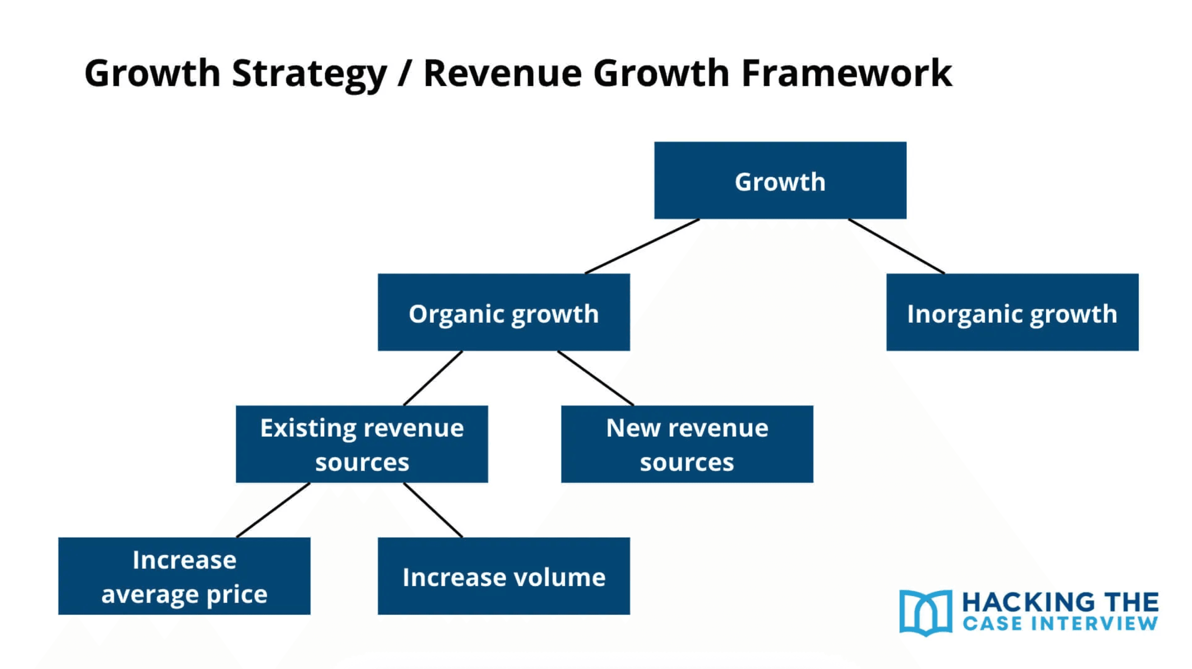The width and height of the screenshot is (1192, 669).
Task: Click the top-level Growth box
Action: point(780,181)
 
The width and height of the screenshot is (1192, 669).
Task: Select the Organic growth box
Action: point(503,312)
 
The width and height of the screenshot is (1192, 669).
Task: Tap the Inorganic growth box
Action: point(1012,312)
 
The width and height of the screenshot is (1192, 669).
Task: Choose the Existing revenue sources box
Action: point(361,445)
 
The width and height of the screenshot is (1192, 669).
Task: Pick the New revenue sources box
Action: point(687,445)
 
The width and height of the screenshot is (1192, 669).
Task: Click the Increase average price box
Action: point(184,576)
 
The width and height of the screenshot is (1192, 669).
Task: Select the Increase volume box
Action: point(503,576)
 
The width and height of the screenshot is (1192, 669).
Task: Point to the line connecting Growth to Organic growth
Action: point(642,246)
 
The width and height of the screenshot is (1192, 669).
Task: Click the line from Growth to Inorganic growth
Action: point(896,246)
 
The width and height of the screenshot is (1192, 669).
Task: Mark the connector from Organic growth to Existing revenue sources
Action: point(433,378)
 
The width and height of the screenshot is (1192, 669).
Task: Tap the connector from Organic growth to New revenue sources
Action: point(596,378)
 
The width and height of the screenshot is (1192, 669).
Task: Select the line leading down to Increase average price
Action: point(273,510)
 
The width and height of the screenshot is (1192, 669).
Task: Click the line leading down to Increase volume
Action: point(433,510)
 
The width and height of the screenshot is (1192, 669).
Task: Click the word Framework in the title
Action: point(847,73)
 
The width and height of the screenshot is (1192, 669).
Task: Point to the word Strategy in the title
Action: point(309,73)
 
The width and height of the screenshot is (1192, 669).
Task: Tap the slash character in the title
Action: point(404,73)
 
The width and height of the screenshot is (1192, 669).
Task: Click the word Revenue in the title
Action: point(502,73)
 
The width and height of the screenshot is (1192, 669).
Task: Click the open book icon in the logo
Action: point(926,612)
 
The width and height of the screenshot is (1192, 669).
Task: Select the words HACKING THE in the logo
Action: point(1060,603)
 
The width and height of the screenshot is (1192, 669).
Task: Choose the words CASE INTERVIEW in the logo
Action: point(1060,624)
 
